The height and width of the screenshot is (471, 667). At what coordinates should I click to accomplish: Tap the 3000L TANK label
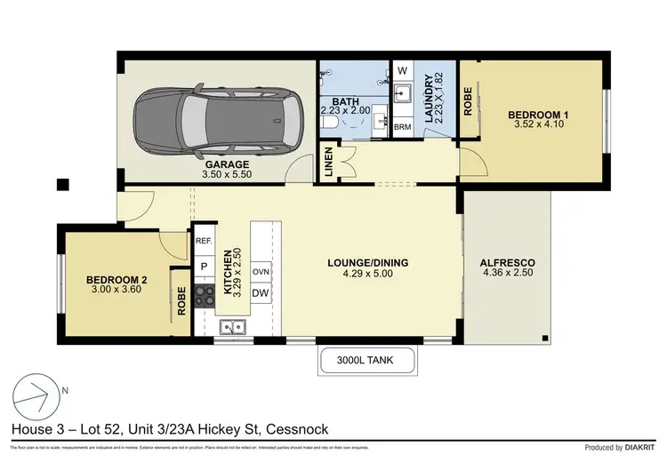click(366, 361)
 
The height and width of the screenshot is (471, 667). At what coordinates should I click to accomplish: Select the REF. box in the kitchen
click(204, 240)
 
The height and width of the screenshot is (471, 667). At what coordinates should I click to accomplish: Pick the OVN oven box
click(261, 271)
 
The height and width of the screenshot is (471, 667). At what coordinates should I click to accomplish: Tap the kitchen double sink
click(234, 327)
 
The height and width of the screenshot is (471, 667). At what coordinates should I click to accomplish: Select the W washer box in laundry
click(402, 70)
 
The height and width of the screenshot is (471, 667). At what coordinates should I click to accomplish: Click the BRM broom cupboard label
click(402, 126)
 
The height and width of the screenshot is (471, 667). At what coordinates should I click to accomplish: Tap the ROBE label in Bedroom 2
click(181, 303)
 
